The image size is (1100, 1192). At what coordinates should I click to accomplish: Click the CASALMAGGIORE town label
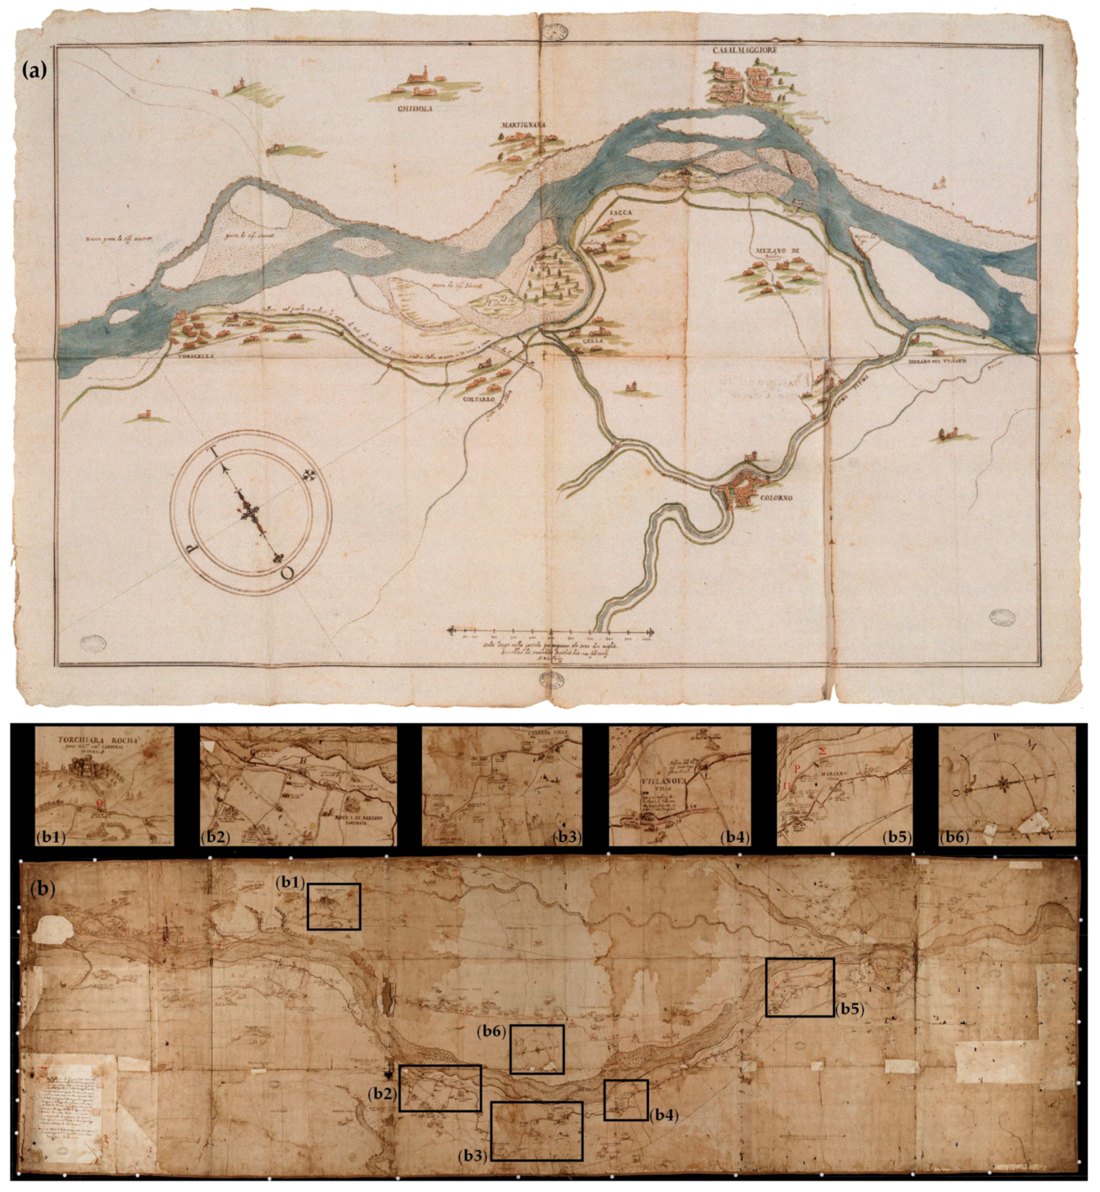[746, 51]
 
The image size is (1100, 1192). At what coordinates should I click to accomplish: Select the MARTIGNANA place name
[524, 125]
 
